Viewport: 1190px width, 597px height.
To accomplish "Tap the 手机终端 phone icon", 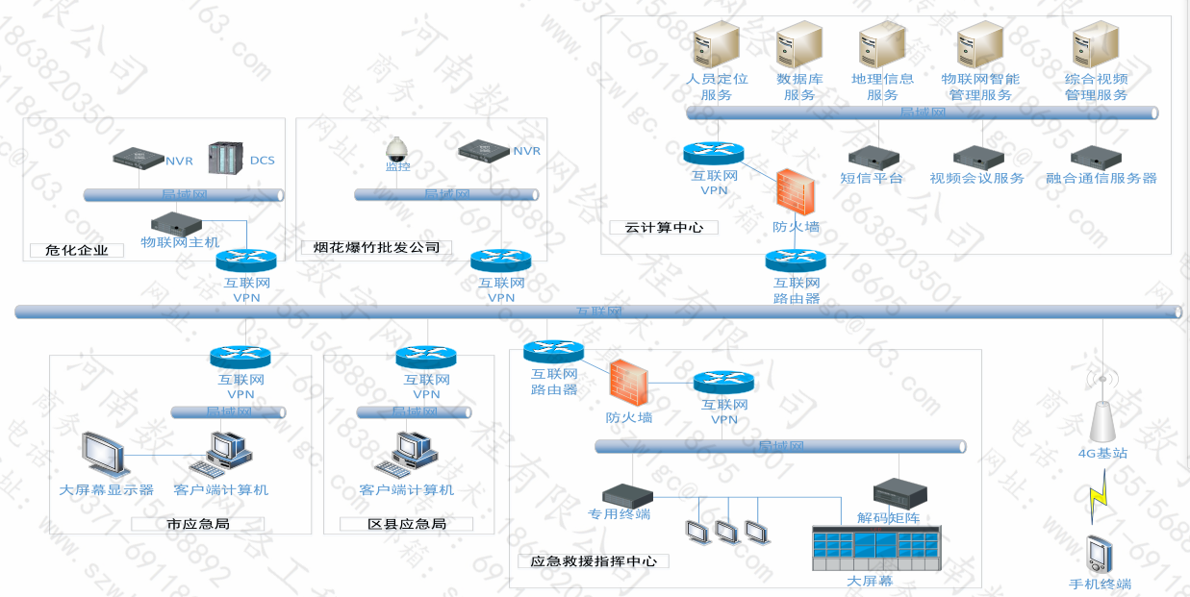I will [x=1099, y=554].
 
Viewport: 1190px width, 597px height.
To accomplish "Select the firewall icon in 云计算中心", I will [x=795, y=193].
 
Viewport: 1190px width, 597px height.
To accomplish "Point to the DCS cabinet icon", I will [x=227, y=158].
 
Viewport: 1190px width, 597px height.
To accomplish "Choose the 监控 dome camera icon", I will [x=396, y=148].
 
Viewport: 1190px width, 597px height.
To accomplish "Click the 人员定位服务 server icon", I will [x=716, y=44].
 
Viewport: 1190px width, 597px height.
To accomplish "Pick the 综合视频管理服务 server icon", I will [x=1096, y=44].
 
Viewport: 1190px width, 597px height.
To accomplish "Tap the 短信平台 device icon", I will [x=874, y=157].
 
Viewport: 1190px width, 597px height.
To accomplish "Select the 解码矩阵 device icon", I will [x=899, y=492].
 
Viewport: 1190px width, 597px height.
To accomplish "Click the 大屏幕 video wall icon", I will [x=876, y=548].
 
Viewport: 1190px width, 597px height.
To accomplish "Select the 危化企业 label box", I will [x=77, y=251].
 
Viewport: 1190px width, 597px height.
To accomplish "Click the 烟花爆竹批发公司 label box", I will [x=376, y=248].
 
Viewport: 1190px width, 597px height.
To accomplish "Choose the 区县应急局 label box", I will [x=407, y=525].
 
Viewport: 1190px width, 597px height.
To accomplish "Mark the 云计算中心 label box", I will [x=664, y=228].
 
